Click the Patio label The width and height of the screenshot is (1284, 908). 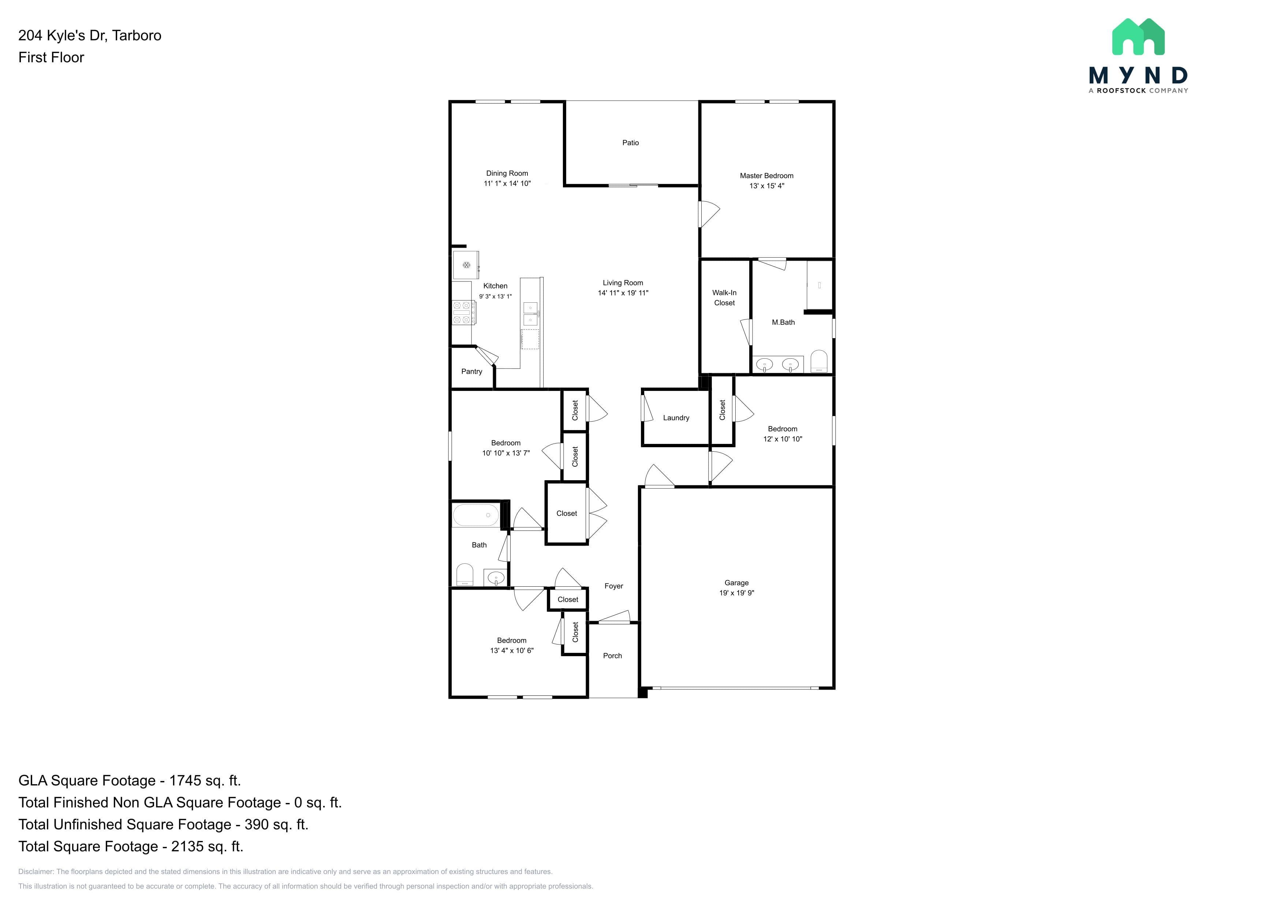[630, 143]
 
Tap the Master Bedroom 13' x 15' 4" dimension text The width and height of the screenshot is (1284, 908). [767, 186]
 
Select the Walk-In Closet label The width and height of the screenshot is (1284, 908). [724, 298]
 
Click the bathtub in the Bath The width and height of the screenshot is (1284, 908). [475, 515]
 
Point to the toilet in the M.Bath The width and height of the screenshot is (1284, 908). [819, 361]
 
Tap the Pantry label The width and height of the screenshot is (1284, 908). [471, 371]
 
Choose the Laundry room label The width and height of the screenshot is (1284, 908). [676, 418]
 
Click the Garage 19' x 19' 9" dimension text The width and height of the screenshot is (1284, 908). [736, 593]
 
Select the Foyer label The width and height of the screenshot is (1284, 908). [613, 586]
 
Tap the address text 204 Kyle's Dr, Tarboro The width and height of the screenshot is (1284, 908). [89, 35]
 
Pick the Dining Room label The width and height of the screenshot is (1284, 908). [507, 173]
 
